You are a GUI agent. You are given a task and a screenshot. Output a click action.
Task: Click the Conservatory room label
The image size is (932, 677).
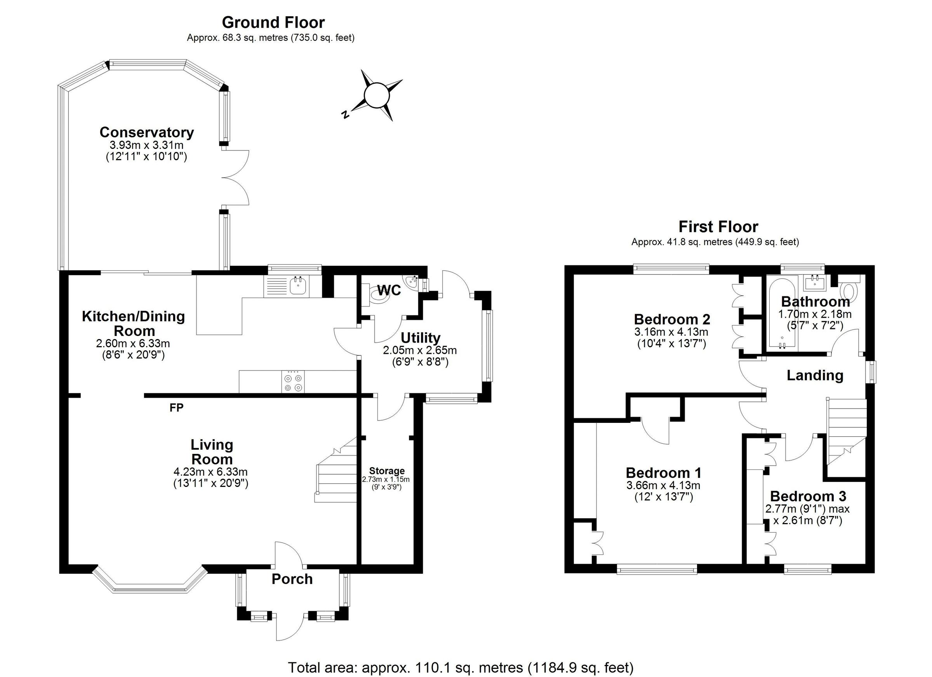click(x=146, y=132)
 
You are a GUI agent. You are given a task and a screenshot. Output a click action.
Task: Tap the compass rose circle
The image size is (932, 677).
click(x=376, y=95)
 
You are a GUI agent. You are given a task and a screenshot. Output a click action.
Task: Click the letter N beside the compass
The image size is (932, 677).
click(x=346, y=114)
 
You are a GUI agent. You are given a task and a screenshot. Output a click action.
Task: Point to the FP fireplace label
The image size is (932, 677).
click(x=176, y=408)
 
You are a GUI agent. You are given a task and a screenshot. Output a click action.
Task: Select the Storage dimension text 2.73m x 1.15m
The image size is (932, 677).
click(x=386, y=479)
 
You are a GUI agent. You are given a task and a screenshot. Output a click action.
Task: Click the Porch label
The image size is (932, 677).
click(x=292, y=579)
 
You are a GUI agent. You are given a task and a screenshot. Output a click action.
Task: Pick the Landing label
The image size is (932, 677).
click(x=814, y=375)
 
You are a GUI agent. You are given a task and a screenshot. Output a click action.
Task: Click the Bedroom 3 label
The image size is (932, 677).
click(x=808, y=496)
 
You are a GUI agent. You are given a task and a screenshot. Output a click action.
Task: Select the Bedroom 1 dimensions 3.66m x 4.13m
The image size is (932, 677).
click(x=663, y=485)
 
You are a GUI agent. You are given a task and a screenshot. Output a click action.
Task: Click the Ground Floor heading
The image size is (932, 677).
click(x=273, y=22)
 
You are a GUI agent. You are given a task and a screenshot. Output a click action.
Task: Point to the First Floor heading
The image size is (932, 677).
click(x=718, y=227)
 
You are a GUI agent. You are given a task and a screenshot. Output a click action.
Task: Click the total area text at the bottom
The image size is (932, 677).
click(x=460, y=667)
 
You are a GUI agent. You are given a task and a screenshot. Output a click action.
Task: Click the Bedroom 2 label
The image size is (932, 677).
click(x=672, y=319)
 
